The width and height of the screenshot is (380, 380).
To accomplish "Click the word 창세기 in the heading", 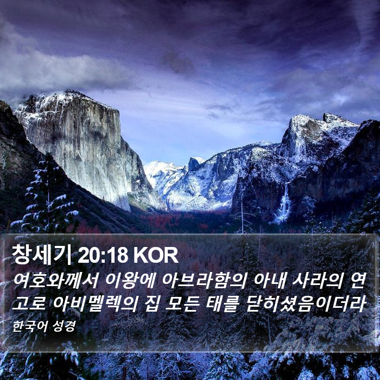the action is (41, 255).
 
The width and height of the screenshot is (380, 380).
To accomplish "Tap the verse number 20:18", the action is (103, 256).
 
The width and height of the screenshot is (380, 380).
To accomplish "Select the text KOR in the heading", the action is (156, 256).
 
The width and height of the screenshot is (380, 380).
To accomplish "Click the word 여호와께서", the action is (55, 281).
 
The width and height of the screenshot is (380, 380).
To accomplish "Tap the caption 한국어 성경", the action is (44, 326).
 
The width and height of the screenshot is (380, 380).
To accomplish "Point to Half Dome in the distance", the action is (195, 163).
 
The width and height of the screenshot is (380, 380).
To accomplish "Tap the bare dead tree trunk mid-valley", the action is (242, 213).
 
